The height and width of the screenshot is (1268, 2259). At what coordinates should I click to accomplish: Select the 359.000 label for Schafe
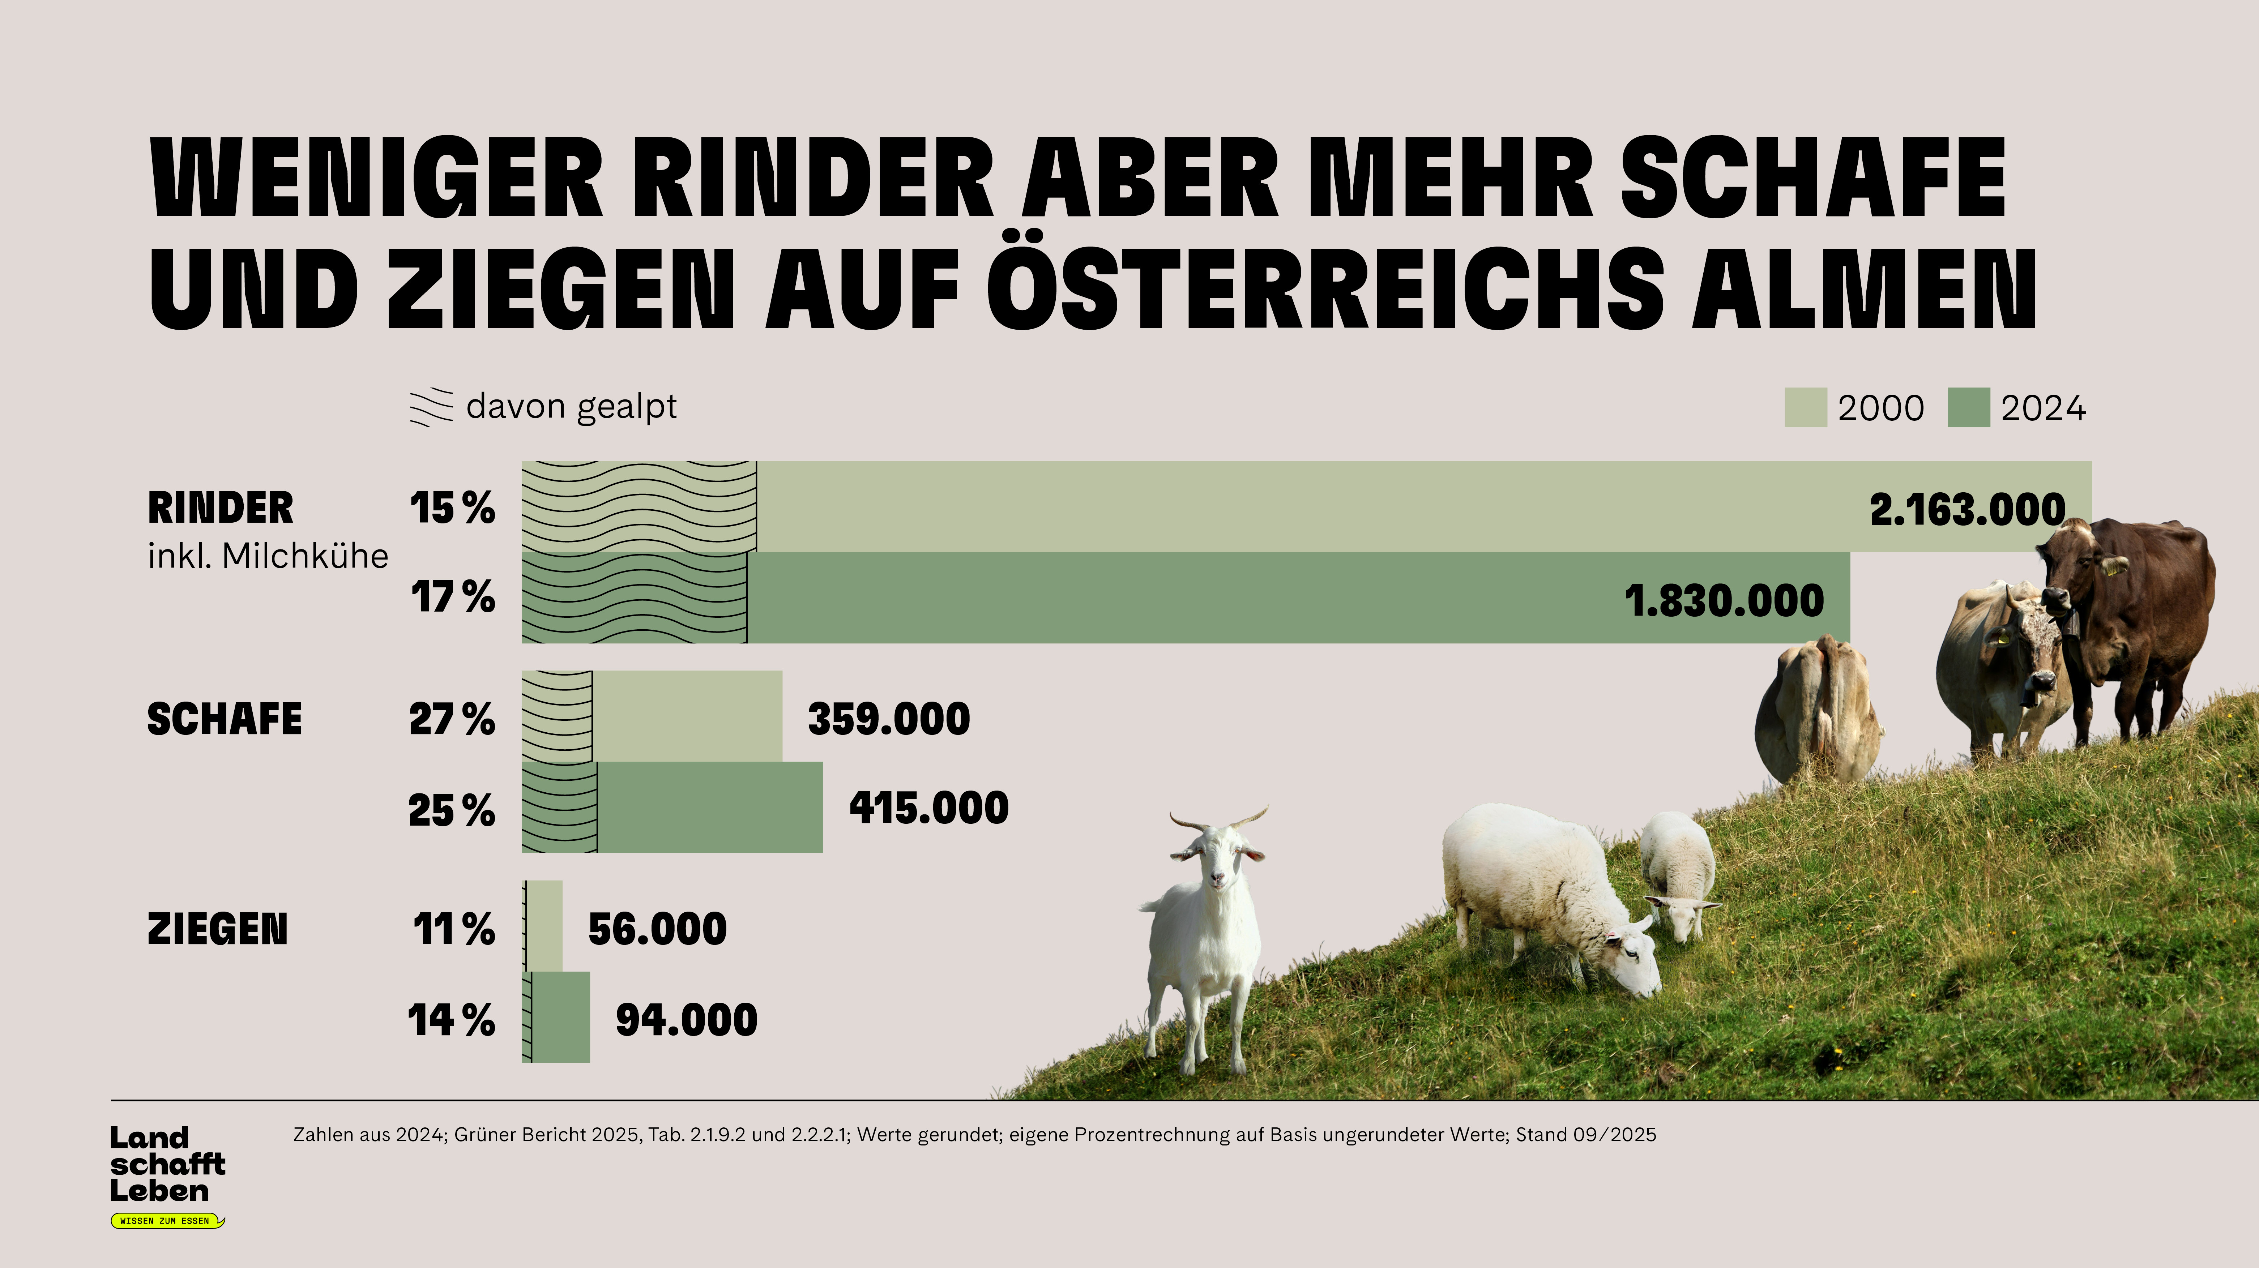pyautogui.click(x=888, y=719)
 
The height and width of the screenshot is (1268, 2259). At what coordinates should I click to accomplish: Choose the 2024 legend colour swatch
pyautogui.click(x=1968, y=408)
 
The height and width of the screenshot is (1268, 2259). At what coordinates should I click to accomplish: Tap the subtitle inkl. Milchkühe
pyautogui.click(x=268, y=556)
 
